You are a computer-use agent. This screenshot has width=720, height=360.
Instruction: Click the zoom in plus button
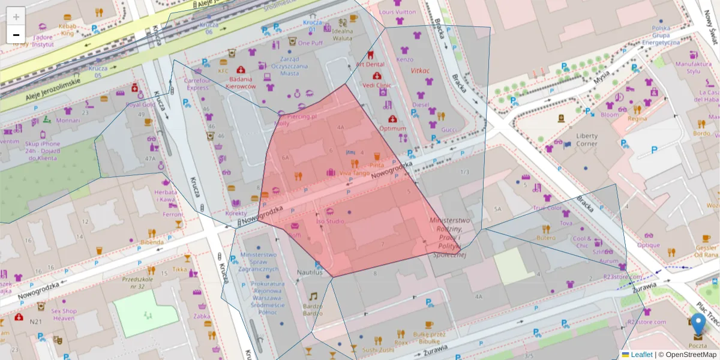click(x=16, y=16)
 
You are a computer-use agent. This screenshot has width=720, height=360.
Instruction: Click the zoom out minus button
click(x=16, y=35)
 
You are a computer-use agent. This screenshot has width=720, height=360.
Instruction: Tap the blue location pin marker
click(x=698, y=324)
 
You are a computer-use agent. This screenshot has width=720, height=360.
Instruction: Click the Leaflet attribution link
click(x=641, y=355)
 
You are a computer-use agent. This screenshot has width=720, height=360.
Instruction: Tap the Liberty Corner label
click(x=586, y=140)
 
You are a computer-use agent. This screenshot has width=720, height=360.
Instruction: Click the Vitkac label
click(x=421, y=71)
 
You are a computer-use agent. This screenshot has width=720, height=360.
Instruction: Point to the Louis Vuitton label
click(x=397, y=12)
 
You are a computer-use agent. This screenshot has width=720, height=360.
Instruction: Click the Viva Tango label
click(x=355, y=173)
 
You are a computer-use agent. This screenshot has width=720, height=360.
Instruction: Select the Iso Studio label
click(x=330, y=221)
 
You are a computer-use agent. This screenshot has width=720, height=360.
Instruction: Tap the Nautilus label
click(x=310, y=272)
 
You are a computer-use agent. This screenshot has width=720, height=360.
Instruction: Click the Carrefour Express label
click(x=197, y=84)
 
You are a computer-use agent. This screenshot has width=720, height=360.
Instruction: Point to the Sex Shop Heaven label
click(x=63, y=314)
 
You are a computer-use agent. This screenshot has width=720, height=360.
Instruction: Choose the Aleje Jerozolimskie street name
click(x=53, y=89)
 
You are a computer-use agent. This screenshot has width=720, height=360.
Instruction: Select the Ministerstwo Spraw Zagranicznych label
click(x=258, y=262)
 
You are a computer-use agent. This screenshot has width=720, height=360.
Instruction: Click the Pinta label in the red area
click(x=377, y=165)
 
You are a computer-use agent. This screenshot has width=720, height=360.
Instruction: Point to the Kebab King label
click(x=67, y=30)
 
